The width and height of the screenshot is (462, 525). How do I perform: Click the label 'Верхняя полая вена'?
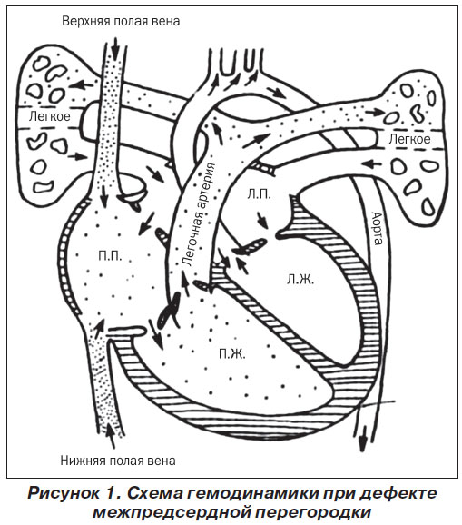(121, 21)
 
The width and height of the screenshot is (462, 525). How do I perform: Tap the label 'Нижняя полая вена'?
(118, 461)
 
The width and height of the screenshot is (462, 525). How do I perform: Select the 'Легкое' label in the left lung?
(50, 116)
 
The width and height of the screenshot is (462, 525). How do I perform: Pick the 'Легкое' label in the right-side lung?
(409, 139)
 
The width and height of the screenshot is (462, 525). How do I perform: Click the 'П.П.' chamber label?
(110, 255)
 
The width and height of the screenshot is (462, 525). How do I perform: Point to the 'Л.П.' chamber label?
(259, 194)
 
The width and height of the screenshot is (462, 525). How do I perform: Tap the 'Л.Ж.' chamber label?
(300, 279)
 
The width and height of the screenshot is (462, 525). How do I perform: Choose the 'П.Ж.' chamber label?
(232, 353)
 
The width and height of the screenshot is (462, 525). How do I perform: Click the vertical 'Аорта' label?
(377, 228)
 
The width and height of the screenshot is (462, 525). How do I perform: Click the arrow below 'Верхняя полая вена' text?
(115, 48)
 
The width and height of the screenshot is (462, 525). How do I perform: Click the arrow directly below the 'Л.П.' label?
(262, 220)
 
